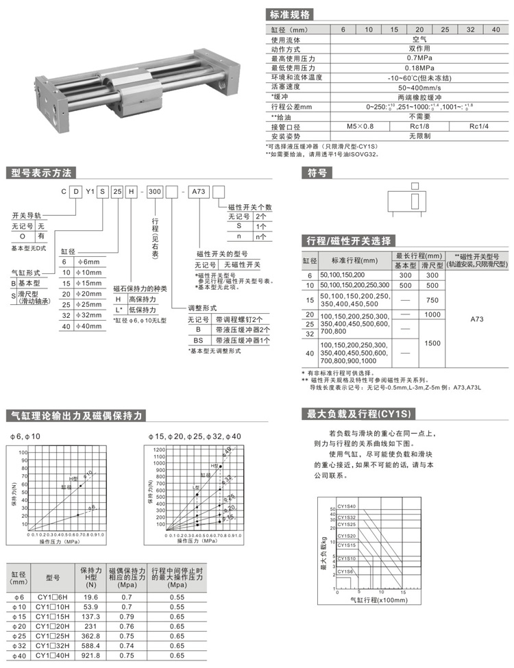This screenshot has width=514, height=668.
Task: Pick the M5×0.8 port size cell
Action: point(360,126)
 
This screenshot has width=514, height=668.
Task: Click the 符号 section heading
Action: point(316,173)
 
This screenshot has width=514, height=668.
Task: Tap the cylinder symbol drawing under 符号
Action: point(415,201)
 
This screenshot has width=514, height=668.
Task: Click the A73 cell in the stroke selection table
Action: point(477,319)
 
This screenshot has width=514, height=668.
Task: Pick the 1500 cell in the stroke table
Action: point(432,343)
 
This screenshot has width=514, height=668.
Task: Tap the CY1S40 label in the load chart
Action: point(347,508)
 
